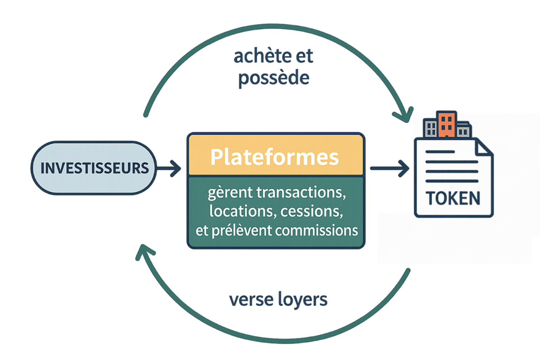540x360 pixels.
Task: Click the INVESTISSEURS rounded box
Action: point(94,168)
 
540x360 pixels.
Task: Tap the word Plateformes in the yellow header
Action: point(275,157)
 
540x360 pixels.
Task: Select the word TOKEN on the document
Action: point(453,198)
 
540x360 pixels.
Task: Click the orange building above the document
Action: point(446,124)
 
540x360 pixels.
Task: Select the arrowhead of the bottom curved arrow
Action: point(143,251)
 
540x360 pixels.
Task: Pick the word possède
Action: point(274,78)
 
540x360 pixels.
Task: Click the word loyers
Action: point(303,300)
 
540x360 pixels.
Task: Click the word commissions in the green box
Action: point(316,231)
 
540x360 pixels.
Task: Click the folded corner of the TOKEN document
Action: point(484,147)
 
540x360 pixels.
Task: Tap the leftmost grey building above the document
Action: point(430,128)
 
